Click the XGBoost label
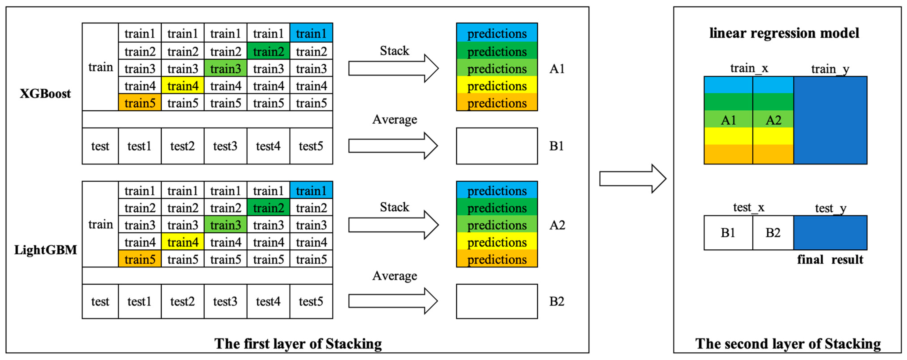[x=45, y=94]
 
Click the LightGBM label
[x=45, y=250]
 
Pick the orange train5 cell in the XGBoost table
[x=140, y=103]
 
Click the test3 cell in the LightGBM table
[x=225, y=302]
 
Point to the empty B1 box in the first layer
[x=497, y=146]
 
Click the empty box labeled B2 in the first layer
[x=497, y=302]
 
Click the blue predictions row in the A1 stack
[x=497, y=34]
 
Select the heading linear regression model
[x=784, y=33]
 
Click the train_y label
[x=830, y=69]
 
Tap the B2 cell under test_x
[x=773, y=233]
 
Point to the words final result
[x=830, y=260]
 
